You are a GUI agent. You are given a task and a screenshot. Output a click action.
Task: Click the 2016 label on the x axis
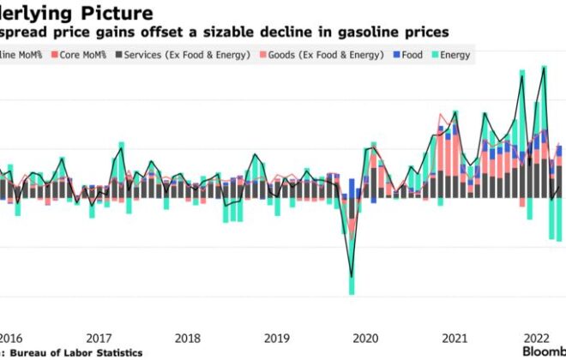coord(11,338)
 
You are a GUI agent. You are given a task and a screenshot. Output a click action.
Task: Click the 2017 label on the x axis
coord(99,338)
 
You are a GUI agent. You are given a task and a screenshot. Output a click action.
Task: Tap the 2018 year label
coord(188,338)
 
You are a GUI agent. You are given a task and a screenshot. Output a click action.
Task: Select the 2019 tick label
coord(276,338)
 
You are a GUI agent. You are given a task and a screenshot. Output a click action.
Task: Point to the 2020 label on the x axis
coord(365,338)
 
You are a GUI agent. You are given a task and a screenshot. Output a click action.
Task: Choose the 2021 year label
coord(454,338)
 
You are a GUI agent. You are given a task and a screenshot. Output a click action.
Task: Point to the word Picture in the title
coord(119,13)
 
